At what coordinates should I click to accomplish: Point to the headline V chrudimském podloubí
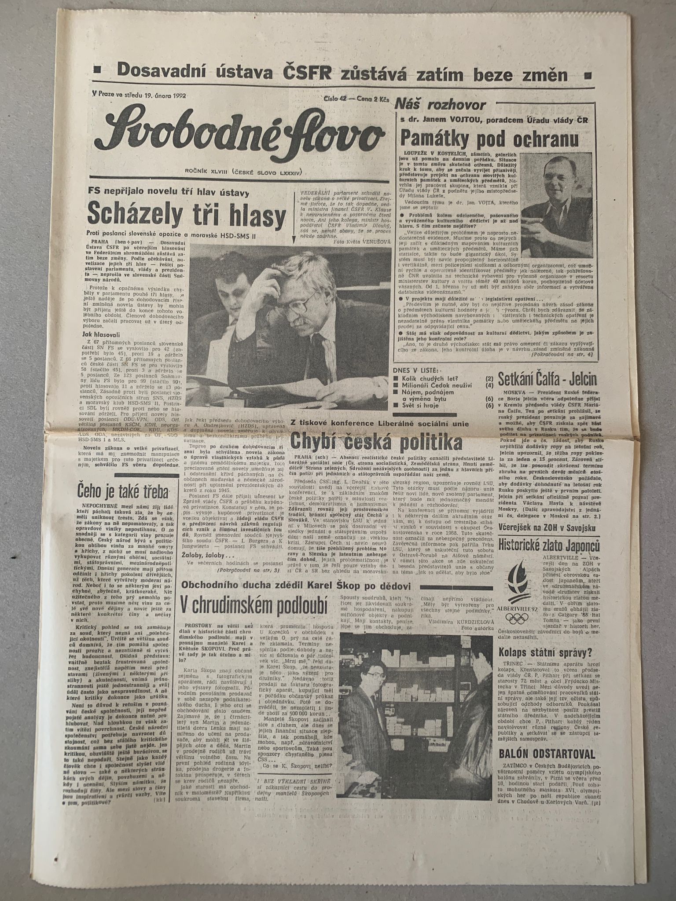click(254, 606)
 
